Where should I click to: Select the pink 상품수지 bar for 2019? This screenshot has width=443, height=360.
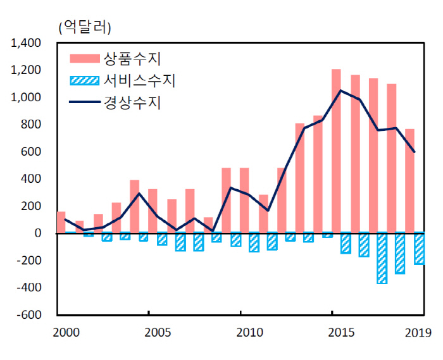[409, 181]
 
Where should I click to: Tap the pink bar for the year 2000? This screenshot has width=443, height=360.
[61, 222]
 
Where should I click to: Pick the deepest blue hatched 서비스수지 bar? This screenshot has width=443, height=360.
[382, 258]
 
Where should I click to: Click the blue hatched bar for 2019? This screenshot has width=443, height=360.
[418, 249]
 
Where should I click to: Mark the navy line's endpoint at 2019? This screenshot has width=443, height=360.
[415, 152]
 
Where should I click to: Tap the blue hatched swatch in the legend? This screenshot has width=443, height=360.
[84, 81]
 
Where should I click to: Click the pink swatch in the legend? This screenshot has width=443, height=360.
[84, 59]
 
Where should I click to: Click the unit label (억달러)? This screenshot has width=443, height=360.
[84, 27]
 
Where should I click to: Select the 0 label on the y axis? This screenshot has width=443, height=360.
[38, 233]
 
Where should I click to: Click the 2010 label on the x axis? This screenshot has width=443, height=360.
[249, 332]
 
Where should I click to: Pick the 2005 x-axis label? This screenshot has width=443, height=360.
[157, 332]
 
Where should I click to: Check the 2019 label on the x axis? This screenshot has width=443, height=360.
[418, 332]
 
